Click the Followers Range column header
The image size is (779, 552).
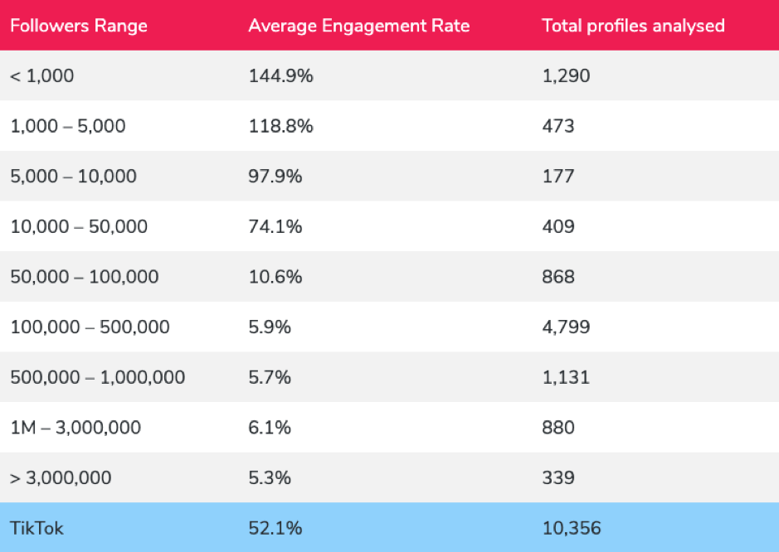pos(78,26)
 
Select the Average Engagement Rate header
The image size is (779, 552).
pos(358,26)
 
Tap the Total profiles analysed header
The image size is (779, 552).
pos(633,26)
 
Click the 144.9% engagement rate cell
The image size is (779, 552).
pos(280,76)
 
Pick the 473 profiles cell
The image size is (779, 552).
pos(557,126)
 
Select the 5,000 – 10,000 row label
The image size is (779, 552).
pos(73,177)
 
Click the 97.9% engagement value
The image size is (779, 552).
pos(275,177)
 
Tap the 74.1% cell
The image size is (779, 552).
pos(275,226)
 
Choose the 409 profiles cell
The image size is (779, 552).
pos(558,226)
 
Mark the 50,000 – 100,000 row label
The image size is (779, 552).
pos(84,277)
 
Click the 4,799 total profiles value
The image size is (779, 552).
pos(566,327)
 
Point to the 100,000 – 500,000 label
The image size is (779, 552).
pos(90,327)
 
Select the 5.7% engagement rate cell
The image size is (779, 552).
pos(270,377)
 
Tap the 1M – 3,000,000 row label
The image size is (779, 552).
pos(75,428)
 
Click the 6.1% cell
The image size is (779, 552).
pos(270,428)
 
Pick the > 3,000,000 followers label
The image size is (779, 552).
pos(61,478)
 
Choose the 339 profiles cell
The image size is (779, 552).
pos(558,478)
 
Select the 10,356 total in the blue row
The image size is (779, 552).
pos(571,528)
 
